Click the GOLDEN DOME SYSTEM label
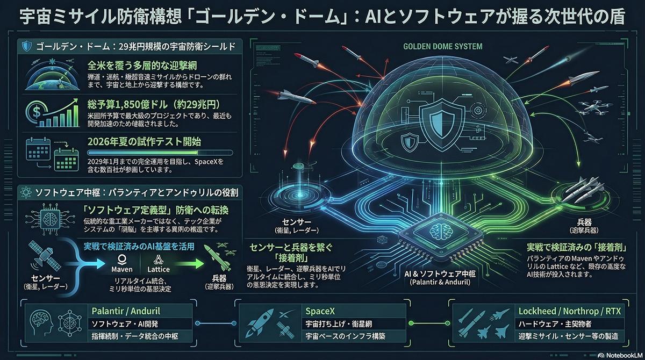[442, 47]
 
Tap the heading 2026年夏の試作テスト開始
[144, 142]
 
